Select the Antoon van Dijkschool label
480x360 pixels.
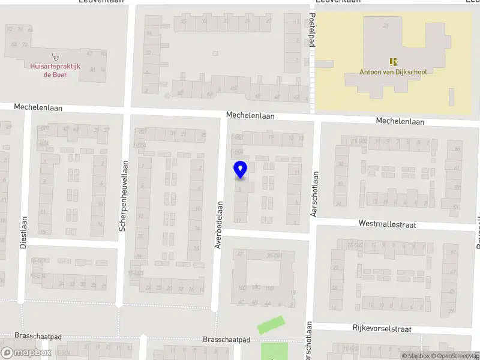(393, 72)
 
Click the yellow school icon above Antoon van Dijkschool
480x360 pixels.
(393, 61)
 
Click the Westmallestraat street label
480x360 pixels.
(387, 224)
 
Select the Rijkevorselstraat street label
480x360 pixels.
(382, 329)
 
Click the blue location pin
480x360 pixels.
(240, 170)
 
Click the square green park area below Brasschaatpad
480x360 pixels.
(274, 351)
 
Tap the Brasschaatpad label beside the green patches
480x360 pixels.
(226, 339)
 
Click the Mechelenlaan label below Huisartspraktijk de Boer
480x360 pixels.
(38, 107)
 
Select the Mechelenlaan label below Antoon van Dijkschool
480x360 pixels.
(400, 121)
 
